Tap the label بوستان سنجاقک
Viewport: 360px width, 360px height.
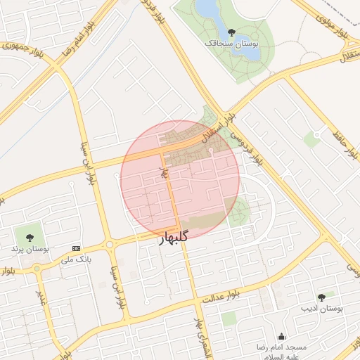coord(232,44)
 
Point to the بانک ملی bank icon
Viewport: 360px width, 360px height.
coord(77,248)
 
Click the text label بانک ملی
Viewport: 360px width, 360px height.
coord(77,259)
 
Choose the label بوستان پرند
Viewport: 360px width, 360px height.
coord(29,250)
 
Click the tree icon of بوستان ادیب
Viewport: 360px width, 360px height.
coord(321,297)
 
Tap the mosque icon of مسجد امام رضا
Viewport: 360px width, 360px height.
coord(282,337)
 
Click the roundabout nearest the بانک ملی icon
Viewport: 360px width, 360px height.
coord(110,245)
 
